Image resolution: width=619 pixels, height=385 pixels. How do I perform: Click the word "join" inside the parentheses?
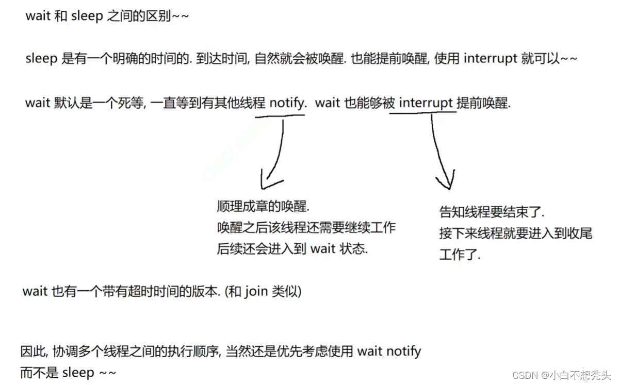[256, 292]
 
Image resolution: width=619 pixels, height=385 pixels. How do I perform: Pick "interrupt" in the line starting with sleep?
[491, 58]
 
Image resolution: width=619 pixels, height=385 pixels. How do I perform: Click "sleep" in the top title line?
[87, 16]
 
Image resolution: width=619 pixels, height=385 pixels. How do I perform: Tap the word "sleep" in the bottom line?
[78, 373]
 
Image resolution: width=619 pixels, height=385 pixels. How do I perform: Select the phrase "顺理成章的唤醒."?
[263, 207]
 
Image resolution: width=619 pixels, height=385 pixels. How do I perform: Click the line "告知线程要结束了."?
[492, 212]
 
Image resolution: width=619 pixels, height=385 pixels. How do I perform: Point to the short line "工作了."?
[460, 255]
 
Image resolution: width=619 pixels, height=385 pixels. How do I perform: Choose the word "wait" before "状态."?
[323, 249]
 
